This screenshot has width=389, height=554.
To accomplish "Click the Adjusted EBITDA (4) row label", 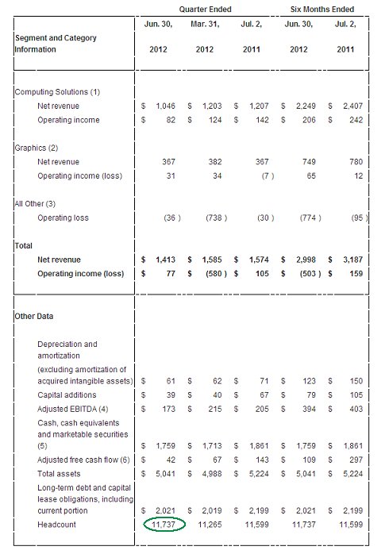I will point(75,409).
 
